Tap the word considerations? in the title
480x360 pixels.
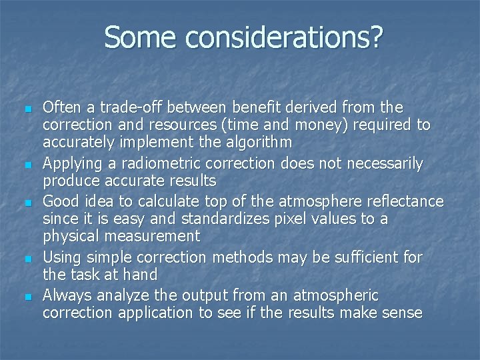284,39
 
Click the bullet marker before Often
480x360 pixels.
25,109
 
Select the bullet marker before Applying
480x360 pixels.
25,164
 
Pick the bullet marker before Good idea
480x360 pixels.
25,202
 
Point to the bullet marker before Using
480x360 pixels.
25,257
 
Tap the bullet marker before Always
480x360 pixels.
25,295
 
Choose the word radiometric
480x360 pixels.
152,163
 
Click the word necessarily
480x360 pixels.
382,163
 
